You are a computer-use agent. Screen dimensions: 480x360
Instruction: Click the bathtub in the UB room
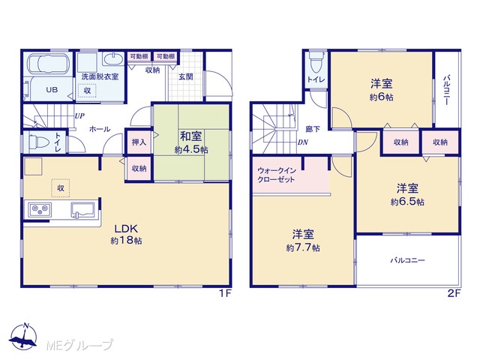tap(48, 64)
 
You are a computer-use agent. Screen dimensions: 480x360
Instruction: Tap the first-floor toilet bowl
tap(38, 142)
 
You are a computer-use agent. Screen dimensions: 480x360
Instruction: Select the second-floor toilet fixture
tap(315, 62)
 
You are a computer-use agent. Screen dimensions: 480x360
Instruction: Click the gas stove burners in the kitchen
tap(40, 210)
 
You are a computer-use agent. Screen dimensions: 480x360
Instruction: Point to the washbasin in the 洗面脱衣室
tap(113, 58)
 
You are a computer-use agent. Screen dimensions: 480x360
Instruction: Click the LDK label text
tap(126, 229)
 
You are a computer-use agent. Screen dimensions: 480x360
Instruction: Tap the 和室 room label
tap(191, 136)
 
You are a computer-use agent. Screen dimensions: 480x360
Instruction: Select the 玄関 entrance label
tap(185, 76)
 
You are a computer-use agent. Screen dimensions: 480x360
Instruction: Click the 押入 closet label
tap(139, 142)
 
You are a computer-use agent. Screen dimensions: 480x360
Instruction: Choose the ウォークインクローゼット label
tap(277, 175)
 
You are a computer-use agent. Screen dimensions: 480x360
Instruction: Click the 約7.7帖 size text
tap(303, 247)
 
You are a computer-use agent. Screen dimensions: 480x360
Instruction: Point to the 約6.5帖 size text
tap(407, 202)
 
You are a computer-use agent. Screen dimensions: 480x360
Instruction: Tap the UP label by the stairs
tap(79, 116)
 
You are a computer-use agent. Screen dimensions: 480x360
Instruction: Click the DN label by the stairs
tap(303, 142)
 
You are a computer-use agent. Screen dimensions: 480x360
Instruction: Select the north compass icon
tap(23, 336)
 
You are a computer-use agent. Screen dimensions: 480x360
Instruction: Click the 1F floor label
tap(225, 294)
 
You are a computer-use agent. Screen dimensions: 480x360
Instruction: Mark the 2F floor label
tap(454, 294)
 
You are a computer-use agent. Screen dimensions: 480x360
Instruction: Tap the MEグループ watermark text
tap(79, 345)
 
